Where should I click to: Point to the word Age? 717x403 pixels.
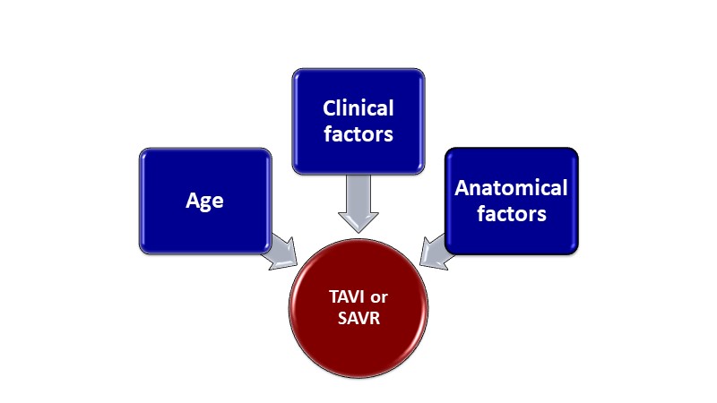pos(205,201)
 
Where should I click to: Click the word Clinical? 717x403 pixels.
pos(358,108)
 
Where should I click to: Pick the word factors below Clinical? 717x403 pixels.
pos(358,135)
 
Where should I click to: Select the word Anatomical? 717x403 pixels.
pos(512,188)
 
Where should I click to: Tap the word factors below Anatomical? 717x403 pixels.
pos(512,215)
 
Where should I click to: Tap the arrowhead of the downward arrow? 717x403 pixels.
pos(358,221)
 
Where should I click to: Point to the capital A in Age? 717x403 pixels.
pos(192,201)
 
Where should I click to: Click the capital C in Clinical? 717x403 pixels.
pos(330,108)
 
